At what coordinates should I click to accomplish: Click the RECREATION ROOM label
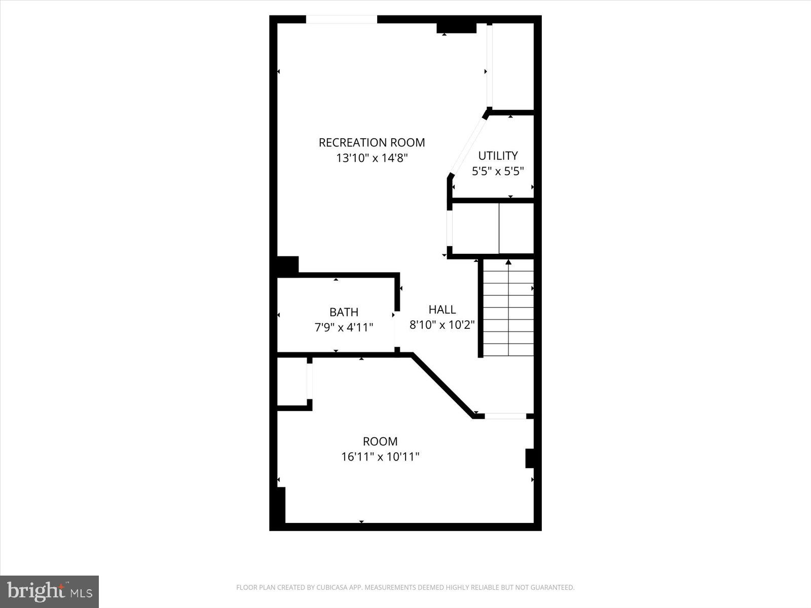[x=372, y=143]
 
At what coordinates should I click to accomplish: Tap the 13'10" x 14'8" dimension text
[x=372, y=158]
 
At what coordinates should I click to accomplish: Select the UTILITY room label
[x=498, y=156]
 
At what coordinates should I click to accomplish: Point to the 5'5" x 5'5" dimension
[x=498, y=171]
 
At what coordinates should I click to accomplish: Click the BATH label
[x=344, y=312]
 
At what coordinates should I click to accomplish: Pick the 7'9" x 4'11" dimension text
[x=344, y=327]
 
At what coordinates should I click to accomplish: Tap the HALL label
[x=442, y=310]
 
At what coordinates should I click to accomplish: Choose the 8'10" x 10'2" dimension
[x=442, y=325]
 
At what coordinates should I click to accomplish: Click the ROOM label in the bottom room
[x=380, y=441]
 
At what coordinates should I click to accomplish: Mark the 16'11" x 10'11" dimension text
[x=380, y=457]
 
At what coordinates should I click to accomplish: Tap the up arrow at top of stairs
[x=508, y=262]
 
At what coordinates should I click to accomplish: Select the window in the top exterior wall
[x=341, y=20]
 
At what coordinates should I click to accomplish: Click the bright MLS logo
[x=49, y=591]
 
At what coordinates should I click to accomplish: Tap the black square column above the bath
[x=287, y=265]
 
